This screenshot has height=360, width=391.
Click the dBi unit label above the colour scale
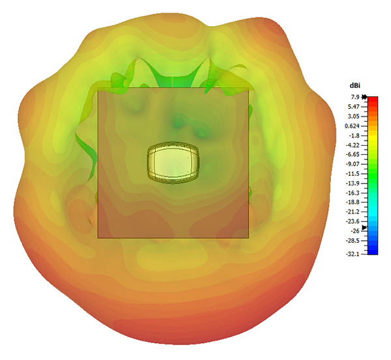tap(355, 86)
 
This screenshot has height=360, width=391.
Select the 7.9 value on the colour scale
tap(356, 97)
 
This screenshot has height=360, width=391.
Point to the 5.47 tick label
tap(355, 107)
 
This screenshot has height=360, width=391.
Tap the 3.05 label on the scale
tap(355, 117)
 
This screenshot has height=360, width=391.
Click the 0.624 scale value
tap(352, 126)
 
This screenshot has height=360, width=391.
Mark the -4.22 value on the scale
tap(353, 145)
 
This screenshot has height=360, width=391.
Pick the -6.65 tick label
tap(353, 154)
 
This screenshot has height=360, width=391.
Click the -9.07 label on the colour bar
tap(353, 164)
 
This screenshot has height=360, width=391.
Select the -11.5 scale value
tap(353, 174)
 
